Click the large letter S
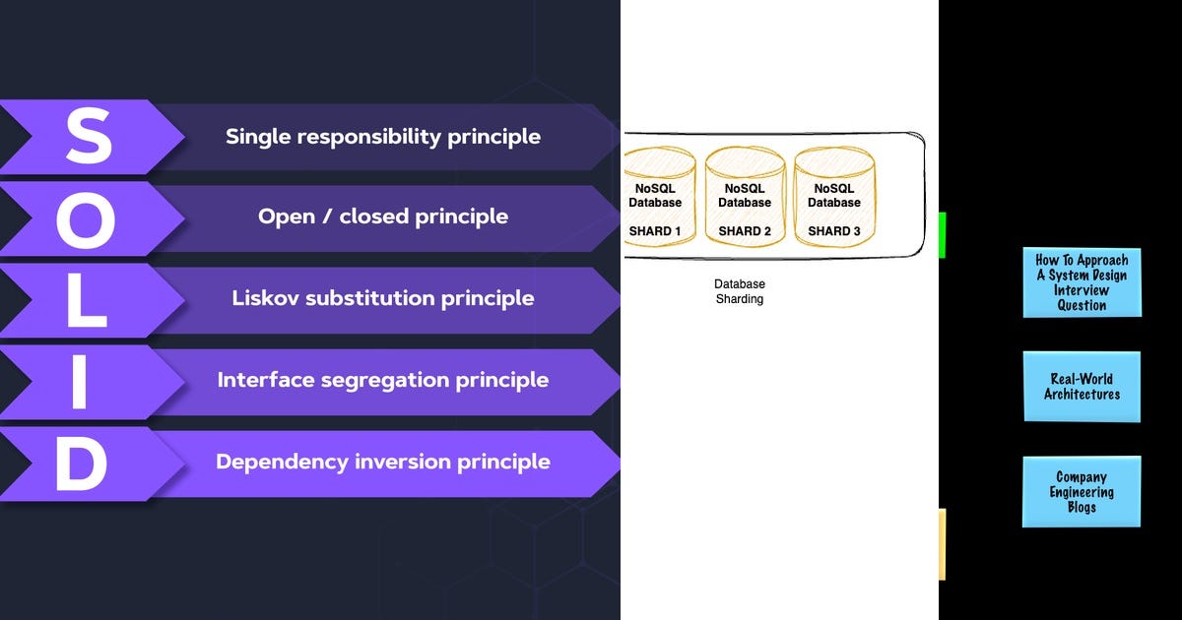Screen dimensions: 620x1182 89,137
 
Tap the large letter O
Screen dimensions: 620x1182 87,217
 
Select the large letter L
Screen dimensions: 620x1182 87,299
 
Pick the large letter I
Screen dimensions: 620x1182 80,380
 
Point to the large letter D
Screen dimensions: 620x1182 81,462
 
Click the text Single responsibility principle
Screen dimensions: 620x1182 383,136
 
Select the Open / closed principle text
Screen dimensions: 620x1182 383,217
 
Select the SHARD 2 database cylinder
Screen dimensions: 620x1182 745,197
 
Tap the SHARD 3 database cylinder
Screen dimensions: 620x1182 833,197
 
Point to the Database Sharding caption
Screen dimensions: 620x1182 739,291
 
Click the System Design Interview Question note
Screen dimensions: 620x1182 1082,282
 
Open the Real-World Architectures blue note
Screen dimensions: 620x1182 1082,387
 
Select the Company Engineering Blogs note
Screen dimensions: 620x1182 1082,492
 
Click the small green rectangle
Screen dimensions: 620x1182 942,234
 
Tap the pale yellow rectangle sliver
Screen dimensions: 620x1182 942,544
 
